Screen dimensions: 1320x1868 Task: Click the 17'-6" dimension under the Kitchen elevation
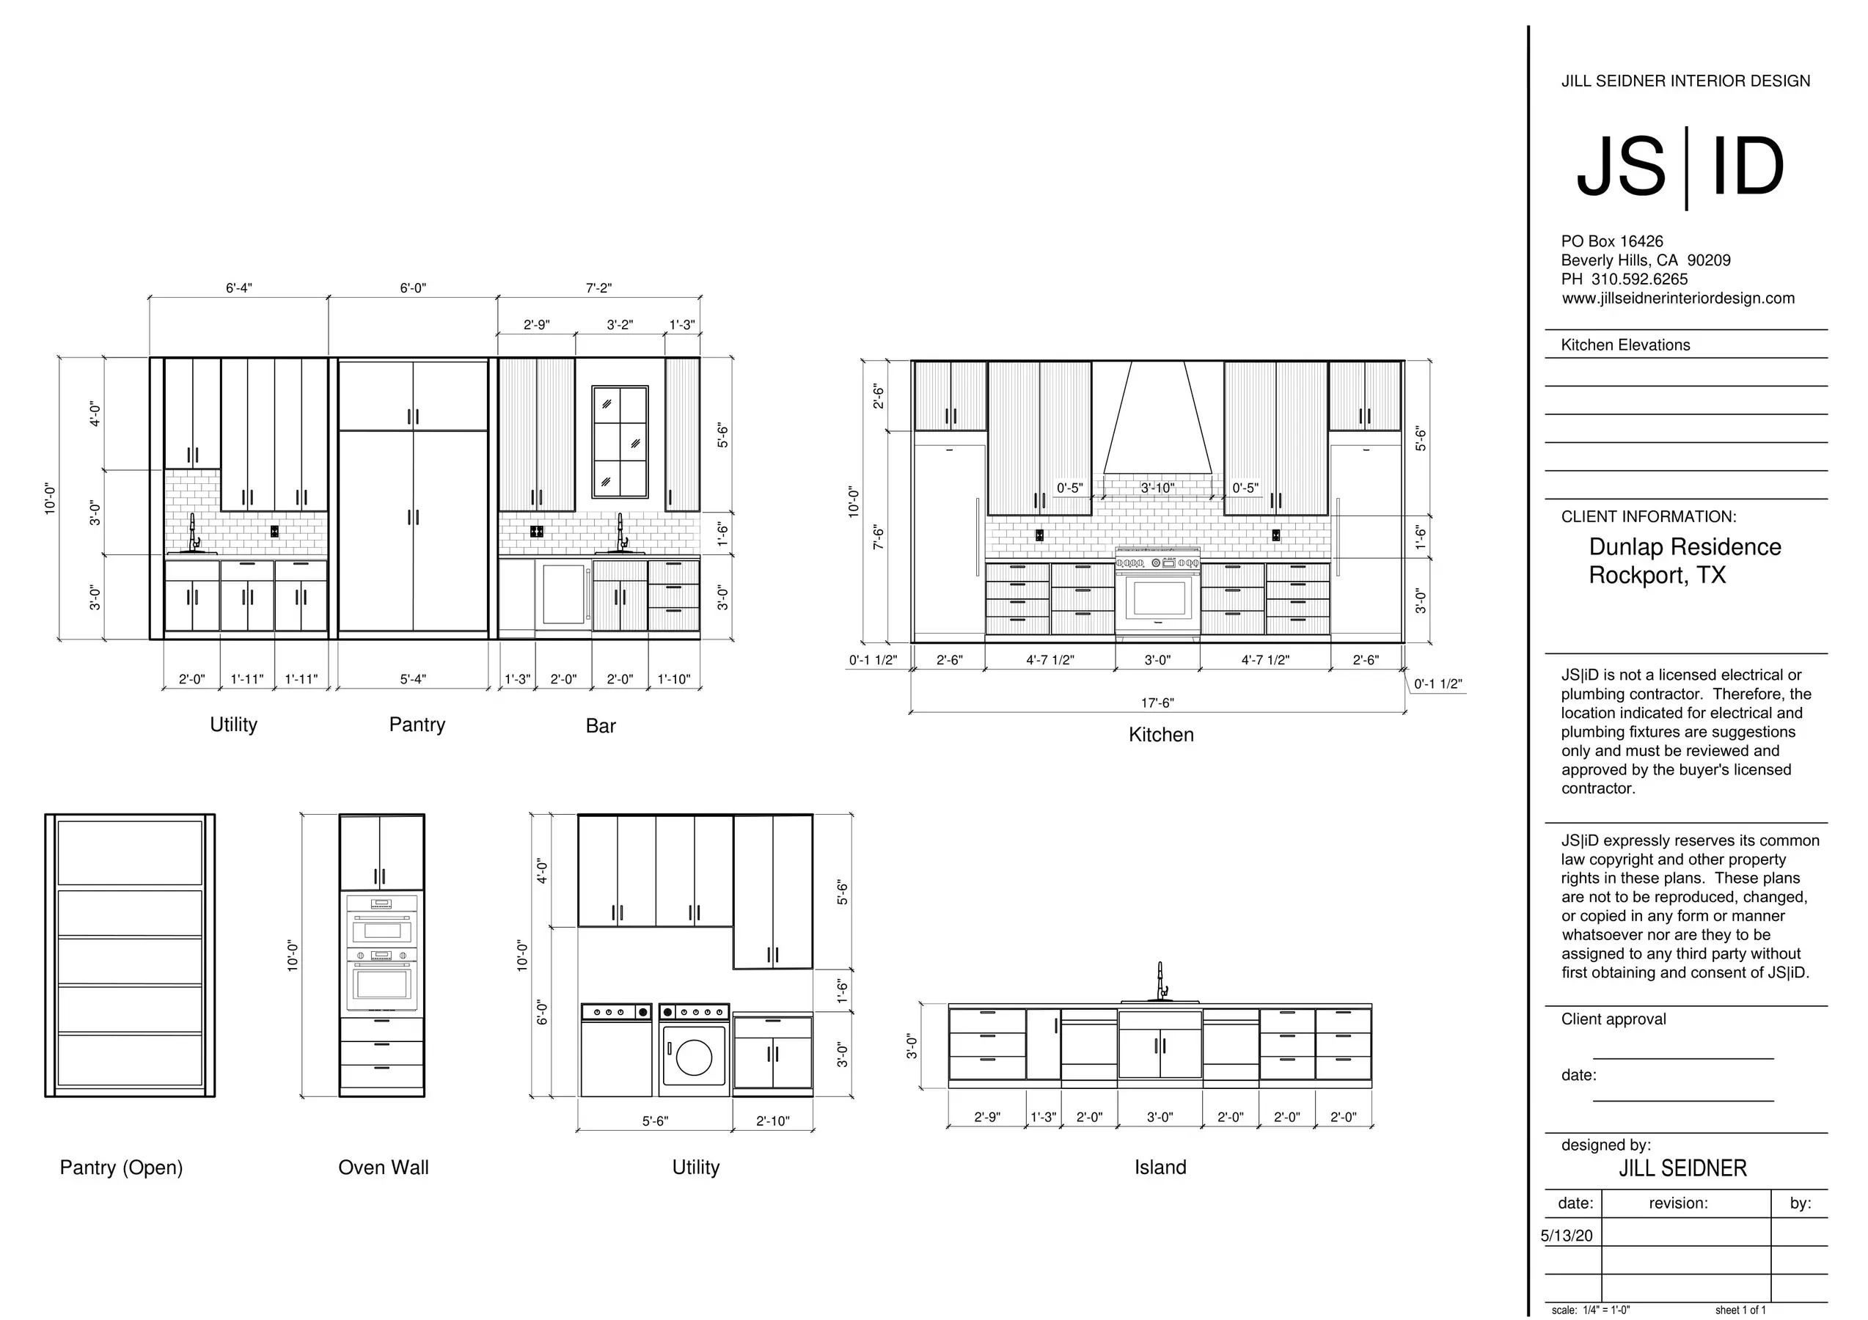1157,703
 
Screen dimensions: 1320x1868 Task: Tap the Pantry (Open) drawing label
121,1168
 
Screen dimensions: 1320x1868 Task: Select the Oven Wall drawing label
383,1168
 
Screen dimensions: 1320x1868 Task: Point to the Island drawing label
1160,1168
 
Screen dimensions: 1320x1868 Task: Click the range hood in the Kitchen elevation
1157,419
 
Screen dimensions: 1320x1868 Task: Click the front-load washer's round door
694,1057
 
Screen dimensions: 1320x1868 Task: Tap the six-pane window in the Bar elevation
620,441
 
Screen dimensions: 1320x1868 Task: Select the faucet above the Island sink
1161,982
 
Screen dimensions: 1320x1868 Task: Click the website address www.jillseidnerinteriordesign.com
1677,298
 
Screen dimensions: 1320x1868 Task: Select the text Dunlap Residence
1685,547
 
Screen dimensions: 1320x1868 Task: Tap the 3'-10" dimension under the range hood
1157,488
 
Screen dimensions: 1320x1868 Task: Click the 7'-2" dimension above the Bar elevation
598,288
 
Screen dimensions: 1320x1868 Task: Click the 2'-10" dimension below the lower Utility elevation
773,1121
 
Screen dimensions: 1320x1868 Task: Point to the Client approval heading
1614,1019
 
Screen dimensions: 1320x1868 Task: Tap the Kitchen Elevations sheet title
1625,345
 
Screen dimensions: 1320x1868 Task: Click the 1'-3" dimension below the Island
1043,1118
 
